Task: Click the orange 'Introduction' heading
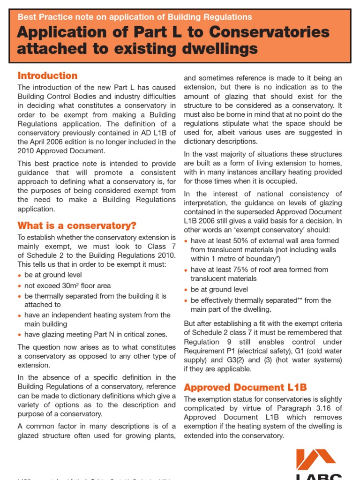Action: [47, 76]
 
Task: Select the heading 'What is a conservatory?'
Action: [77, 225]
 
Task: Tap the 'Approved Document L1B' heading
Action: [245, 387]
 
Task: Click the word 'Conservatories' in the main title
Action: [265, 32]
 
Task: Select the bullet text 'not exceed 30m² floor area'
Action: [67, 285]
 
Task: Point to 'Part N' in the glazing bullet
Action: [99, 334]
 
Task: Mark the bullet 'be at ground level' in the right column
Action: [219, 290]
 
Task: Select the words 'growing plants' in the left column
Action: [152, 435]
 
